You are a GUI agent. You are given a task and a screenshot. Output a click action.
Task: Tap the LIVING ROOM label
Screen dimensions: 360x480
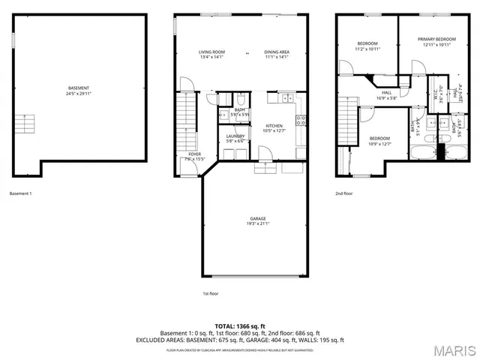click(x=212, y=52)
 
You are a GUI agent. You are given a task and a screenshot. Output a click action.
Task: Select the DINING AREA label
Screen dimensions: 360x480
click(x=277, y=52)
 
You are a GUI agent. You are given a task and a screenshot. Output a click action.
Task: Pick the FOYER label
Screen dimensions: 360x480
click(x=194, y=154)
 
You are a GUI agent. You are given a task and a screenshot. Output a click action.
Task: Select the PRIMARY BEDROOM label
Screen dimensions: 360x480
click(x=436, y=39)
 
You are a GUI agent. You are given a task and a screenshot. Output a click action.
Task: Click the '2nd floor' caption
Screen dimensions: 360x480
click(x=344, y=193)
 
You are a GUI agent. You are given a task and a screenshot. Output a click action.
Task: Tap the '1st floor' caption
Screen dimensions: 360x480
click(x=211, y=293)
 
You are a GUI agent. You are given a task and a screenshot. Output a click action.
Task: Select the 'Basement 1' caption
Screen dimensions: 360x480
click(x=20, y=193)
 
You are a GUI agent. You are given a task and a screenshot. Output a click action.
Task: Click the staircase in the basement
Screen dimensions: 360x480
click(x=25, y=124)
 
